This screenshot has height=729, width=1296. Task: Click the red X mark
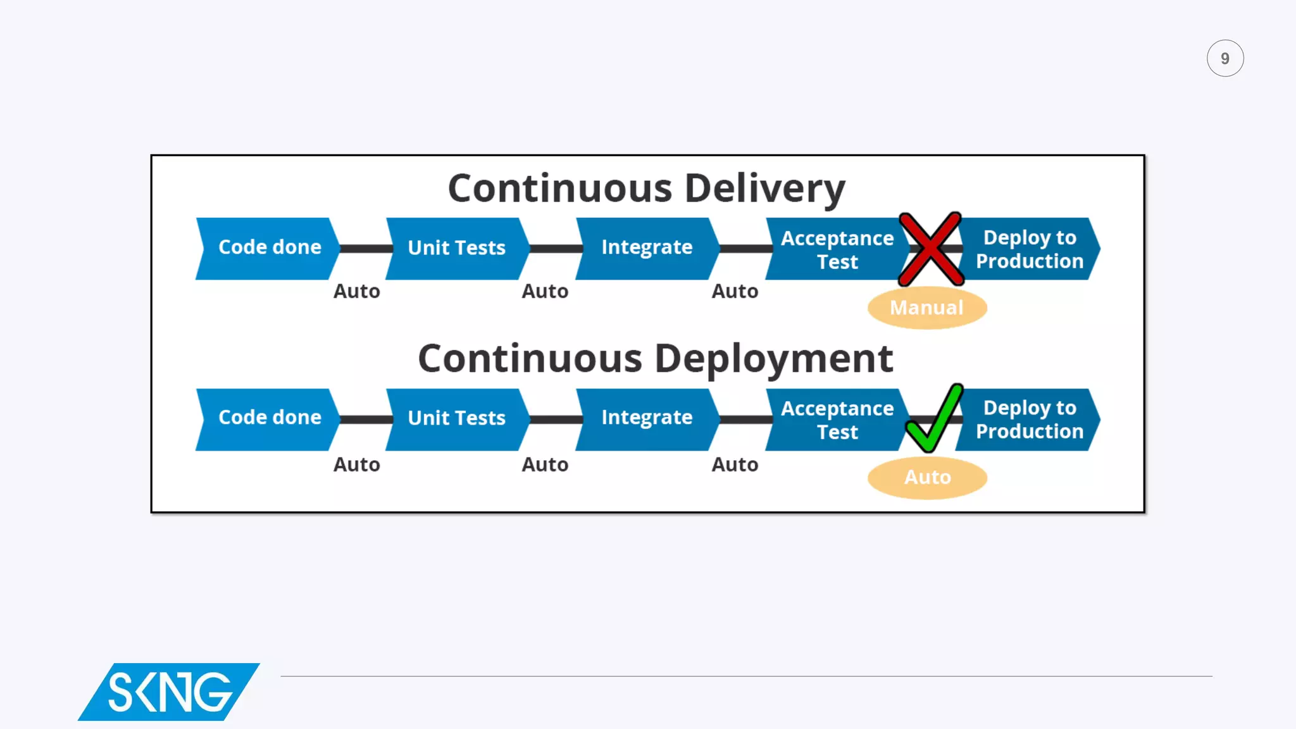[931, 249]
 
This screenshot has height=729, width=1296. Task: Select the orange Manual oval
[927, 308]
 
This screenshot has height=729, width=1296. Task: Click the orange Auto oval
[927, 477]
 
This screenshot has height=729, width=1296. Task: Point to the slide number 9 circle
[1224, 59]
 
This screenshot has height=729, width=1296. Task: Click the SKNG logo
[169, 692]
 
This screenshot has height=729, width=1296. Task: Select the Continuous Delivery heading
[646, 189]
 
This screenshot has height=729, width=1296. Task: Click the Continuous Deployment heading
[655, 359]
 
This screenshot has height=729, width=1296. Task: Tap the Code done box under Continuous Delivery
[269, 248]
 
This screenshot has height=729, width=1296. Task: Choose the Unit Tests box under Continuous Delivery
[457, 248]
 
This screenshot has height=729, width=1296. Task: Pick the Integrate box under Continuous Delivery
[647, 248]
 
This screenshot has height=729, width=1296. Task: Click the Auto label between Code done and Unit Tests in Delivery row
[357, 292]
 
